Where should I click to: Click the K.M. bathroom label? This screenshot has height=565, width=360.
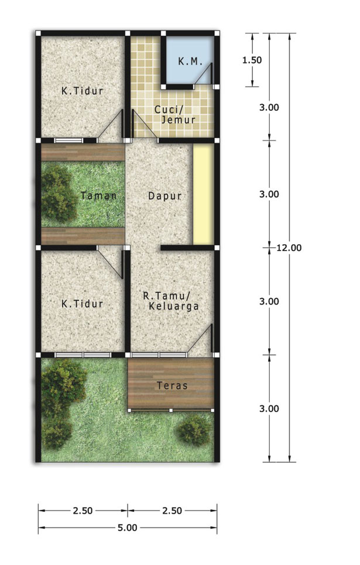tap(190, 61)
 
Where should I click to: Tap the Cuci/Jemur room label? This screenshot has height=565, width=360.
tap(176, 114)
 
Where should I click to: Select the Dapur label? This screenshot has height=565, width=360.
tap(164, 196)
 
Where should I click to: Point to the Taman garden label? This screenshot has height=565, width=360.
tap(98, 196)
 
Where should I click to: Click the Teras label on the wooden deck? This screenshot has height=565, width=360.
tap(172, 386)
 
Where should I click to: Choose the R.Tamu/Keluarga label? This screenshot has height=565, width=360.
tap(171, 301)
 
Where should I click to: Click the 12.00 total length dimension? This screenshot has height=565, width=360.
tap(289, 248)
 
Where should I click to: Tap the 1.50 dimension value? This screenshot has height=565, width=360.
tap(252, 60)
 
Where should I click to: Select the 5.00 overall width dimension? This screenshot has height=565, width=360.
tap(128, 528)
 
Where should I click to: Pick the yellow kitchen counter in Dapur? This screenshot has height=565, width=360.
tap(204, 194)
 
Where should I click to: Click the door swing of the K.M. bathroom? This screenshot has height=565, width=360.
tap(204, 74)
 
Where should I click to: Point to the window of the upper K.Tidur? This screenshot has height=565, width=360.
tap(68, 141)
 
